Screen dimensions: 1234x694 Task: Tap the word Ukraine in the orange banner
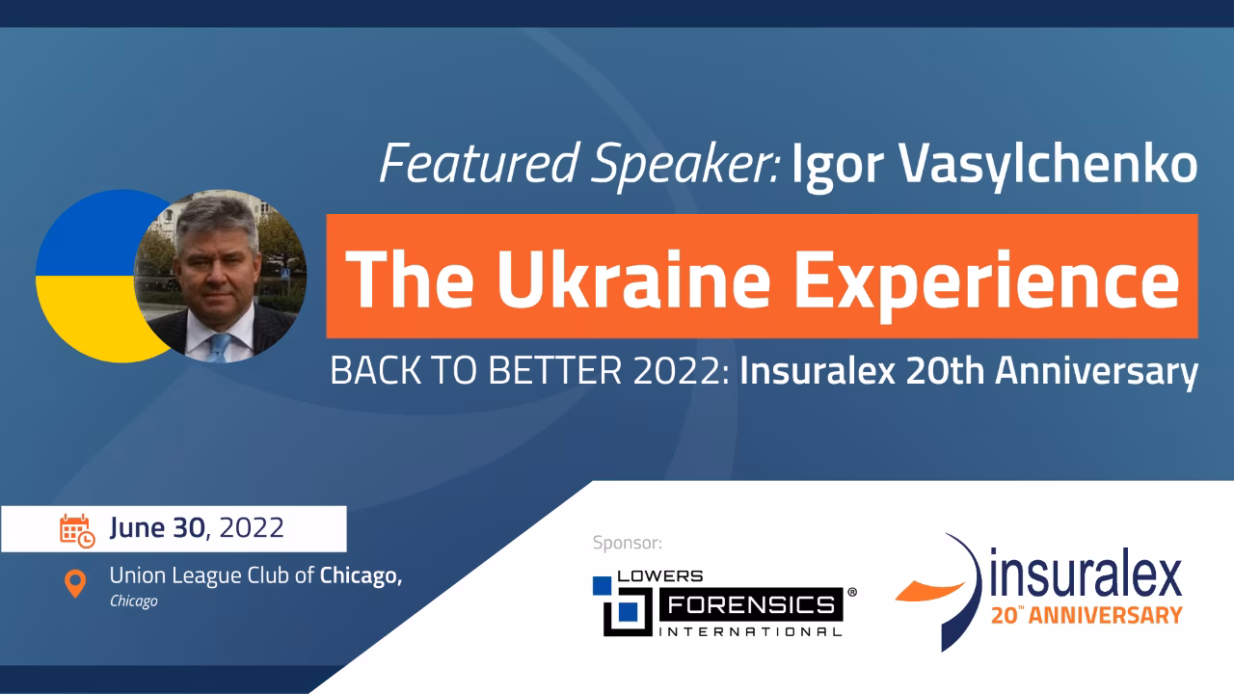point(633,280)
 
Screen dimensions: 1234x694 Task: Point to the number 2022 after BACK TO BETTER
point(681,371)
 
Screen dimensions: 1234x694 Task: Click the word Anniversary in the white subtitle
point(1096,372)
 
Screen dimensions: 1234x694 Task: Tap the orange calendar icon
point(77,531)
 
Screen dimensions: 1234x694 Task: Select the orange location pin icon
point(75,584)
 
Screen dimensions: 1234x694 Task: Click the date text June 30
point(157,528)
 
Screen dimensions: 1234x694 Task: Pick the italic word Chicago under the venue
point(134,601)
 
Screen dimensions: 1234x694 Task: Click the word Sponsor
point(628,543)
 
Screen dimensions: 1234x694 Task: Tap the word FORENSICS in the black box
point(751,605)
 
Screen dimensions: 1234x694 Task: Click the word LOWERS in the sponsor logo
point(660,576)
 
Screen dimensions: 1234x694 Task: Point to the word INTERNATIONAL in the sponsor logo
point(750,631)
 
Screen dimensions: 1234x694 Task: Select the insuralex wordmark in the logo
point(1086,574)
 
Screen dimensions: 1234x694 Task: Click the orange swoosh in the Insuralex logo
point(930,591)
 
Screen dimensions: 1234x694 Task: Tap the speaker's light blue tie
point(219,348)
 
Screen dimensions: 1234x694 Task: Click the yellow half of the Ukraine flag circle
point(94,314)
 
